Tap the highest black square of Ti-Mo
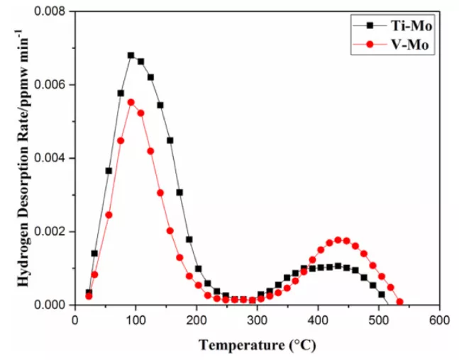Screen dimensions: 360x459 pyautogui.click(x=131, y=55)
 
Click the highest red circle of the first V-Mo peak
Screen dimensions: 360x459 pyautogui.click(x=131, y=102)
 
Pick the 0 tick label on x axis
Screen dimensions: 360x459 pyautogui.click(x=75, y=320)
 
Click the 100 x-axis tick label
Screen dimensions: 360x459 pyautogui.click(x=136, y=320)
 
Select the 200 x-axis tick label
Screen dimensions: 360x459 pyautogui.click(x=197, y=320)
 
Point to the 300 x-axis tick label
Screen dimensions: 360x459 pyautogui.click(x=258, y=320)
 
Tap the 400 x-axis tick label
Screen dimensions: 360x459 pyautogui.click(x=319, y=320)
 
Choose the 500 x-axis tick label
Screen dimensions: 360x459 pyautogui.click(x=379, y=320)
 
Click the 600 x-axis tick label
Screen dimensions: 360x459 pyautogui.click(x=439, y=320)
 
